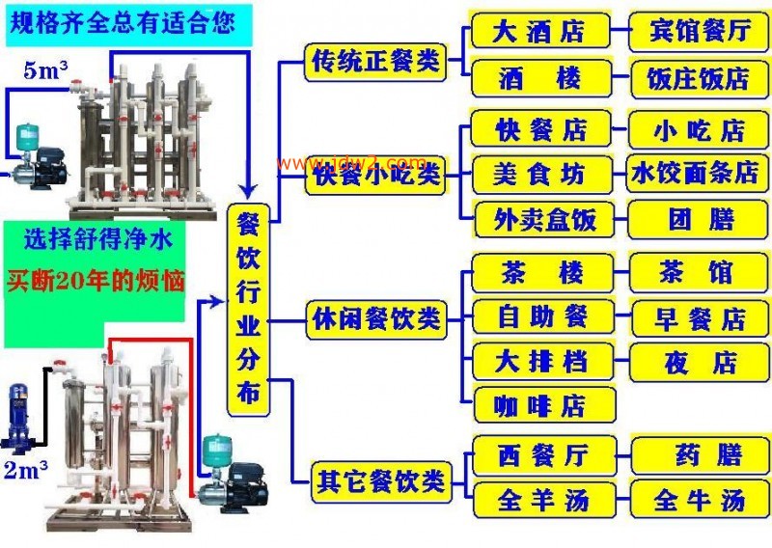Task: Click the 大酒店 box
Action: (540, 30)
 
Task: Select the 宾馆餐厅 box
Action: (699, 32)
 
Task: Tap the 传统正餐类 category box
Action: (375, 62)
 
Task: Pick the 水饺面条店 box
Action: (697, 173)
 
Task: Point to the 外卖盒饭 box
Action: (544, 219)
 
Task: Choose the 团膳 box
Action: (698, 219)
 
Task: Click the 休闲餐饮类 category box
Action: (376, 319)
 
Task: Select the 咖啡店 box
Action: (544, 404)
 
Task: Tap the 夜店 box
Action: (699, 363)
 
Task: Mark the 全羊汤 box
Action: (544, 500)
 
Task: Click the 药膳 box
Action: (700, 455)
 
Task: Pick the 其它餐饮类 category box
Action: (381, 481)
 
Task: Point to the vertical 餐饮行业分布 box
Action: (248, 311)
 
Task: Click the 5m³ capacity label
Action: (45, 70)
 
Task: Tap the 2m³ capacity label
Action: (26, 470)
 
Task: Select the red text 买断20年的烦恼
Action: (96, 281)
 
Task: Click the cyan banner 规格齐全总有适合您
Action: (129, 25)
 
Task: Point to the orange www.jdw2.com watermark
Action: (351, 162)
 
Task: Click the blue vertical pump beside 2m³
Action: (17, 419)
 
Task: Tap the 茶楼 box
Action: (542, 272)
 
